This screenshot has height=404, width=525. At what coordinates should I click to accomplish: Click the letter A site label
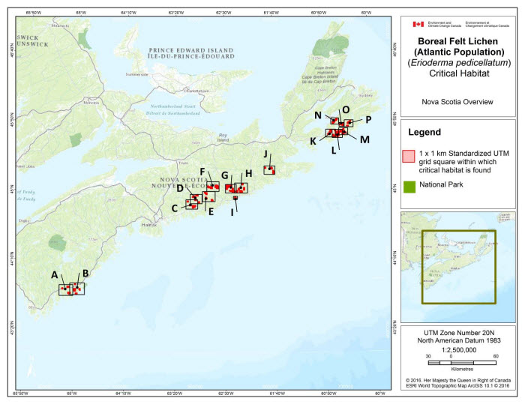(55, 274)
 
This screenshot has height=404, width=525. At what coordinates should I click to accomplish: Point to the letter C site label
(175, 208)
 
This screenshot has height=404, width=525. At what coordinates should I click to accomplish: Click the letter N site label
(318, 115)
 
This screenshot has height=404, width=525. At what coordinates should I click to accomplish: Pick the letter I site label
(232, 212)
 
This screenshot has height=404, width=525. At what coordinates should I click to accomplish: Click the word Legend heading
(424, 132)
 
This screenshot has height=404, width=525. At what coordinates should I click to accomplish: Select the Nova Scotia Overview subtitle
(457, 101)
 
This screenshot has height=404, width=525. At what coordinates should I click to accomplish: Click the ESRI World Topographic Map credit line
(457, 386)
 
